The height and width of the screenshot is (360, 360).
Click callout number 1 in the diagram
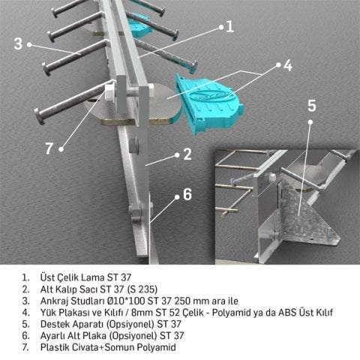coord(230,25)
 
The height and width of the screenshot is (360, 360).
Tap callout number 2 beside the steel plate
coord(187,155)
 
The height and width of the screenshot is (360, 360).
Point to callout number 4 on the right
coord(287,66)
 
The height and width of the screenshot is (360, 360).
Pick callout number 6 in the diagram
coord(187,194)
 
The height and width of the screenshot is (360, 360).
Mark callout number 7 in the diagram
coord(49,148)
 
